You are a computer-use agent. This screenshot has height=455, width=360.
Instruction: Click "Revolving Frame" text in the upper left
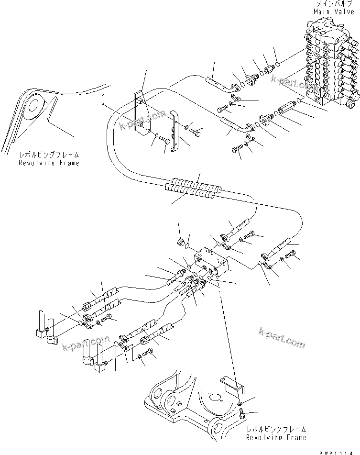click(x=49, y=163)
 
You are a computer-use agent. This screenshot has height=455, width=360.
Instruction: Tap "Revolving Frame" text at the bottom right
click(x=276, y=437)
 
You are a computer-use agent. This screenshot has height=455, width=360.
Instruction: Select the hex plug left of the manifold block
click(x=182, y=242)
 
